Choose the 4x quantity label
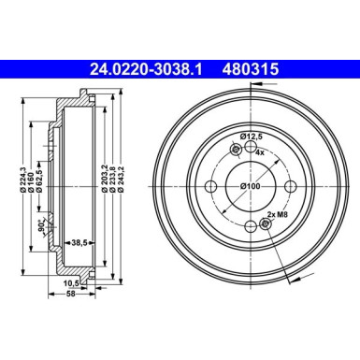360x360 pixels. pos(259,152)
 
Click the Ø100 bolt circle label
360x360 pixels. pos(251,186)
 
